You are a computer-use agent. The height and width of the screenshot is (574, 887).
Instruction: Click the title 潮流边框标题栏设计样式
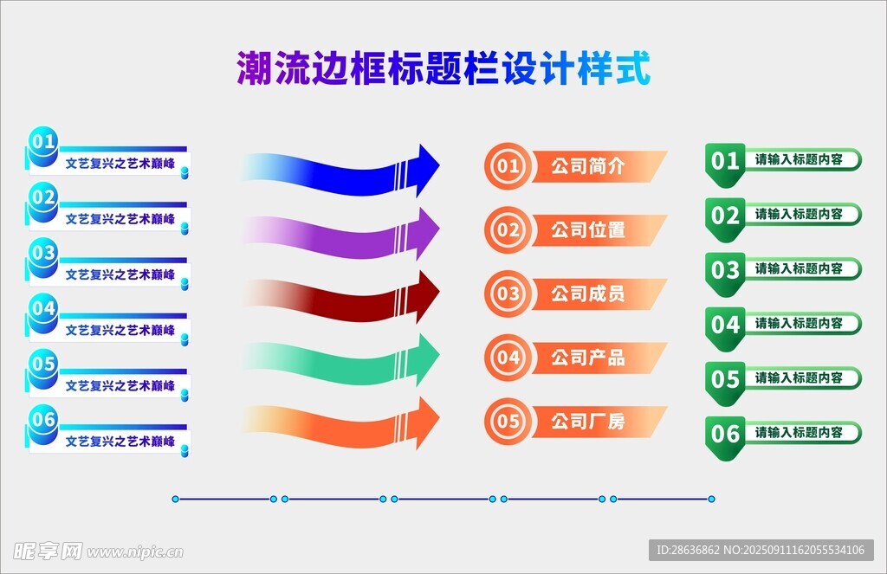coord(443,68)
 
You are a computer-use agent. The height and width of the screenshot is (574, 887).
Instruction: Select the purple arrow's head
coord(428,232)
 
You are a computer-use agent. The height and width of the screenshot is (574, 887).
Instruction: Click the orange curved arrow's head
coord(428,422)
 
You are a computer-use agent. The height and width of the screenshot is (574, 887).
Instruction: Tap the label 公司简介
coord(588,166)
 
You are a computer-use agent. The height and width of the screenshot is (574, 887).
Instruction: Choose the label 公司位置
coord(588,230)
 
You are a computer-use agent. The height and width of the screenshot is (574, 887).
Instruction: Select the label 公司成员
coord(588,294)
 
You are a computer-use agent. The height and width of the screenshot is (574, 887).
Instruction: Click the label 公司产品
coord(588,358)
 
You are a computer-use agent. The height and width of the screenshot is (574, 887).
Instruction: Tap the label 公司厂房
coord(588,422)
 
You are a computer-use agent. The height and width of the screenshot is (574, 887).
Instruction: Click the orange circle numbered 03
coord(508,293)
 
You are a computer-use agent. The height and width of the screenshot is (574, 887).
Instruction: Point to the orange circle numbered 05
coord(508,422)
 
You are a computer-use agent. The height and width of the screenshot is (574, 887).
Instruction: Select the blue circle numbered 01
coord(43,145)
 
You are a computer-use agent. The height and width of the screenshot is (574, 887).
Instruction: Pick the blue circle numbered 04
coord(43,313)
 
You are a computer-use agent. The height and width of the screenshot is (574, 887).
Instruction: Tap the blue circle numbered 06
coord(43,423)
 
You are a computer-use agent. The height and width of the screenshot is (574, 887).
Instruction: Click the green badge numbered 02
coord(725,219)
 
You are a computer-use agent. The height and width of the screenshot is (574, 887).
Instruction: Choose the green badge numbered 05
coord(725,384)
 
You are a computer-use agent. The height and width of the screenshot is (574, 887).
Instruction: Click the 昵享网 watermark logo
coord(48,551)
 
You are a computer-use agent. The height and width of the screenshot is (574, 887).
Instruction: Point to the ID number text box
coord(761,550)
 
